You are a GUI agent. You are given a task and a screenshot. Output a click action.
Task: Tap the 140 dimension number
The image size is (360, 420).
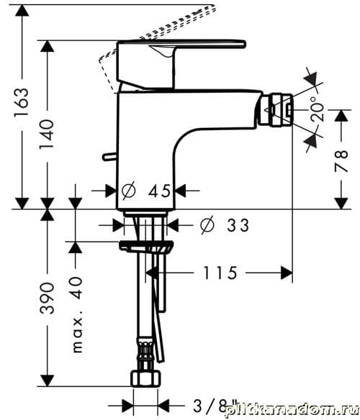point(47,134)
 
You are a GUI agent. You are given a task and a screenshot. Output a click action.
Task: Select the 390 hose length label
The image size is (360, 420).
point(48,298)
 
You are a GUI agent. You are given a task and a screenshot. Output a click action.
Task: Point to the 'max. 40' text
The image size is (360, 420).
point(78,314)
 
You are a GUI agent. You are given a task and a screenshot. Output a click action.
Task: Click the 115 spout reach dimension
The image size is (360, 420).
point(220,273)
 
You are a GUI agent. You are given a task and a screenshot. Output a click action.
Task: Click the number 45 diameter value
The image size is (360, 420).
point(159,191)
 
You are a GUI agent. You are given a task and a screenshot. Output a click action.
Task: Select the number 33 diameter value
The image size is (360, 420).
point(238,225)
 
